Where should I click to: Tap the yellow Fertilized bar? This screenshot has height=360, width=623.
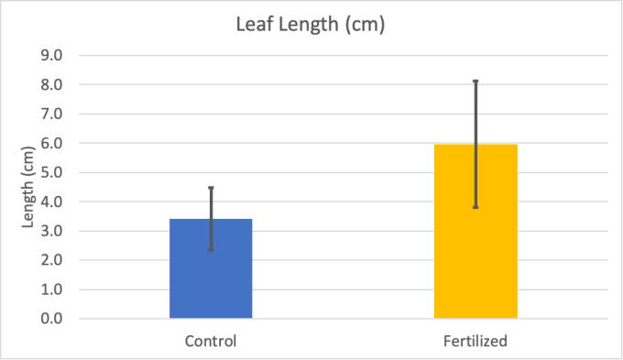(x=475, y=238)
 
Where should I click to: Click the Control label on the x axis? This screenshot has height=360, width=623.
(x=211, y=341)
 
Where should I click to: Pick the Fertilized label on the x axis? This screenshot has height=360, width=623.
(x=475, y=341)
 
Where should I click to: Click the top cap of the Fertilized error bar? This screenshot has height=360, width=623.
(x=475, y=82)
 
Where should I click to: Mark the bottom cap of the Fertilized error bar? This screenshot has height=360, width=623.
(x=475, y=207)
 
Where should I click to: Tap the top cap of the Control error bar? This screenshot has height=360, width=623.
(x=211, y=188)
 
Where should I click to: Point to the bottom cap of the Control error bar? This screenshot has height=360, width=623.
(x=211, y=249)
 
